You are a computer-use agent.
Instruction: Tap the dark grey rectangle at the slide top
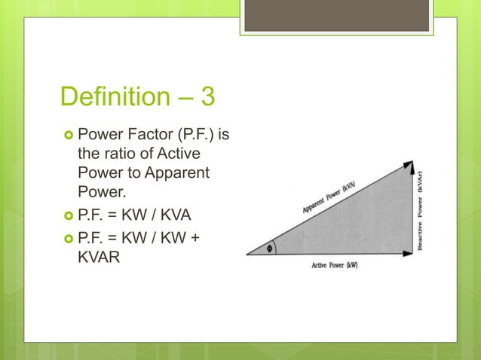click(x=336, y=15)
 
